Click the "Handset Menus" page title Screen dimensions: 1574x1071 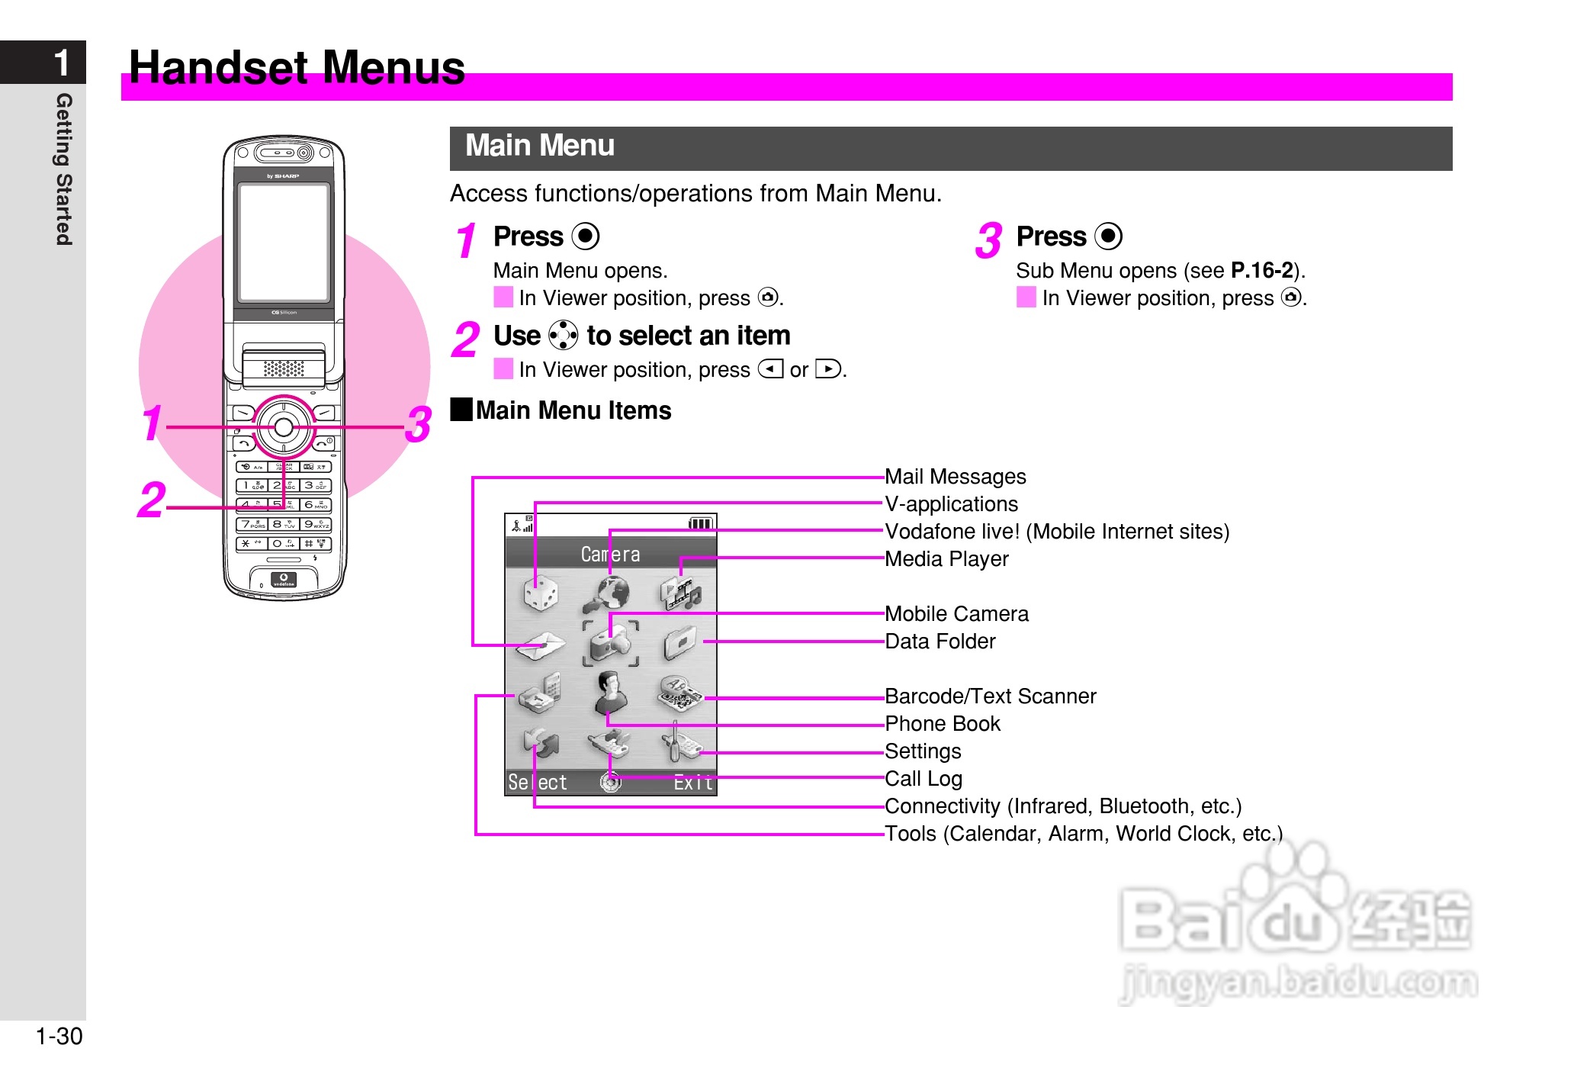click(297, 67)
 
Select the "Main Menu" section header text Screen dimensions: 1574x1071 click(539, 146)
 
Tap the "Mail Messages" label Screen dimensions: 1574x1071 click(955, 477)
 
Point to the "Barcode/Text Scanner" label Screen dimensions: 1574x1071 click(990, 696)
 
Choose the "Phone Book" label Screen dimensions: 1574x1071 click(942, 724)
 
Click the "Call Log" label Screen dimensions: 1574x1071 click(923, 779)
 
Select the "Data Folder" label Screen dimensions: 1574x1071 click(940, 642)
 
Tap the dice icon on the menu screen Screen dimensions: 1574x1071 click(541, 593)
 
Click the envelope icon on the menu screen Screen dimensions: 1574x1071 click(540, 645)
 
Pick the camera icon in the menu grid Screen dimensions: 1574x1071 click(611, 643)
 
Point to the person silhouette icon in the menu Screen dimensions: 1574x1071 click(611, 693)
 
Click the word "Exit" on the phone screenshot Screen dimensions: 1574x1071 click(692, 783)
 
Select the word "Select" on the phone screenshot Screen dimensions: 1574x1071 click(537, 783)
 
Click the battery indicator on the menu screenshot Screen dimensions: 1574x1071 click(700, 523)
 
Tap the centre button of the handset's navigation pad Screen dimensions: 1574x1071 click(284, 427)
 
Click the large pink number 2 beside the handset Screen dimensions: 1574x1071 click(151, 500)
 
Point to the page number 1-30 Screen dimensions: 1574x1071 click(59, 1036)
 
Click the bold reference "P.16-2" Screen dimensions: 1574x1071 click(1261, 271)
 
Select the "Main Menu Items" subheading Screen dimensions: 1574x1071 click(573, 410)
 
